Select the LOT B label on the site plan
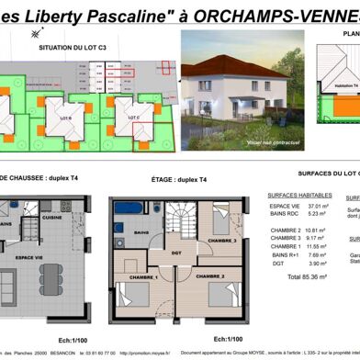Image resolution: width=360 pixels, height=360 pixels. coord(65,118)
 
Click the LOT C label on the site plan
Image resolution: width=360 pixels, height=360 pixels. coord(135,118)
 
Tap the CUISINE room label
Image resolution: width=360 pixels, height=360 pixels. coord(52,219)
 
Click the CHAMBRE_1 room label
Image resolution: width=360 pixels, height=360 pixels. coord(142,276)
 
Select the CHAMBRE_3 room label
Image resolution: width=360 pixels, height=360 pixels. coord(220,240)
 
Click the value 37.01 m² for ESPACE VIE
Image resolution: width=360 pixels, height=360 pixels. coord(317,207)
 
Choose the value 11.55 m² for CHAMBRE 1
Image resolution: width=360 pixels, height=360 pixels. coord(317,247)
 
